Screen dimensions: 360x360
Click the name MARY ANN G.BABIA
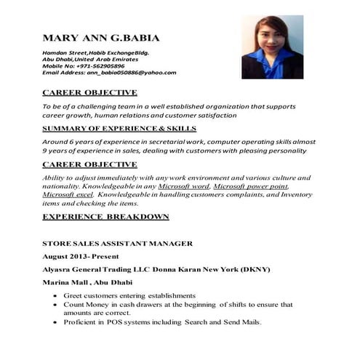(101, 38)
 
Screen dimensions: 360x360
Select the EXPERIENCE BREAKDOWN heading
(106, 217)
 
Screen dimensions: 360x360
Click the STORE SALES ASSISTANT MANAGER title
(117, 243)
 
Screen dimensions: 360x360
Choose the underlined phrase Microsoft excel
(68, 195)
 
